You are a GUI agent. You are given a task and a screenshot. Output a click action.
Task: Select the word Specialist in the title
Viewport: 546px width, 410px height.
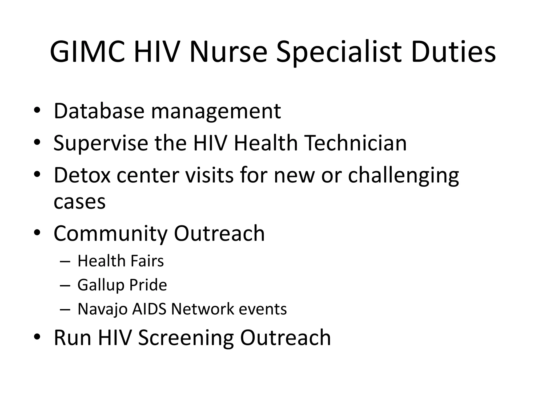[339, 52]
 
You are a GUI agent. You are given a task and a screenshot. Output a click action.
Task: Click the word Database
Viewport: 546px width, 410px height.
[99, 111]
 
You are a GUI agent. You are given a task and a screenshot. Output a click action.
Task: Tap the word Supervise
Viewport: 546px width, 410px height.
[101, 143]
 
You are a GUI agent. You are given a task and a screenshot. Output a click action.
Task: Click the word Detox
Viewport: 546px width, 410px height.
[82, 175]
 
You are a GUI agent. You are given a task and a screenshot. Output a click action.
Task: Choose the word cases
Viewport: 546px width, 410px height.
[79, 202]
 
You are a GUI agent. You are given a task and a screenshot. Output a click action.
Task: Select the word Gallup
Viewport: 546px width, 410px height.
[97, 285]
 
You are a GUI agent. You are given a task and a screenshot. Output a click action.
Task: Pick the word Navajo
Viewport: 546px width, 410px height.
[102, 309]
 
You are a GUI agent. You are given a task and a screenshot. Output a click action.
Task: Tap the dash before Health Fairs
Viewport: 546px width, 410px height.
[65, 261]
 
